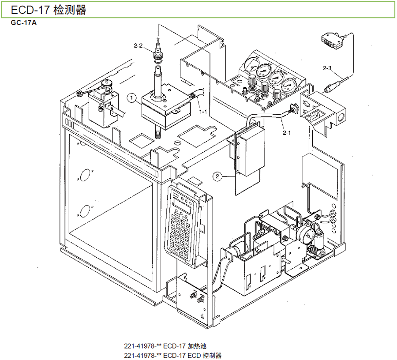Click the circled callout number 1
point(131,98)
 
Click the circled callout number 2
point(217,176)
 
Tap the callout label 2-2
point(138,45)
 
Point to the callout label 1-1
point(203,111)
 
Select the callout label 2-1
point(287,133)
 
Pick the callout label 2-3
point(327,68)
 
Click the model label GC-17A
point(23,23)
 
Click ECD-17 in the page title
point(30,10)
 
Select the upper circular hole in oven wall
point(84,175)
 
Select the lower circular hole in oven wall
point(84,211)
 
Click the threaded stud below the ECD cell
point(157,132)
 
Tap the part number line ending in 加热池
point(165,346)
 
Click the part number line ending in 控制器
point(172,356)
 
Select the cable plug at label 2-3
point(329,88)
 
